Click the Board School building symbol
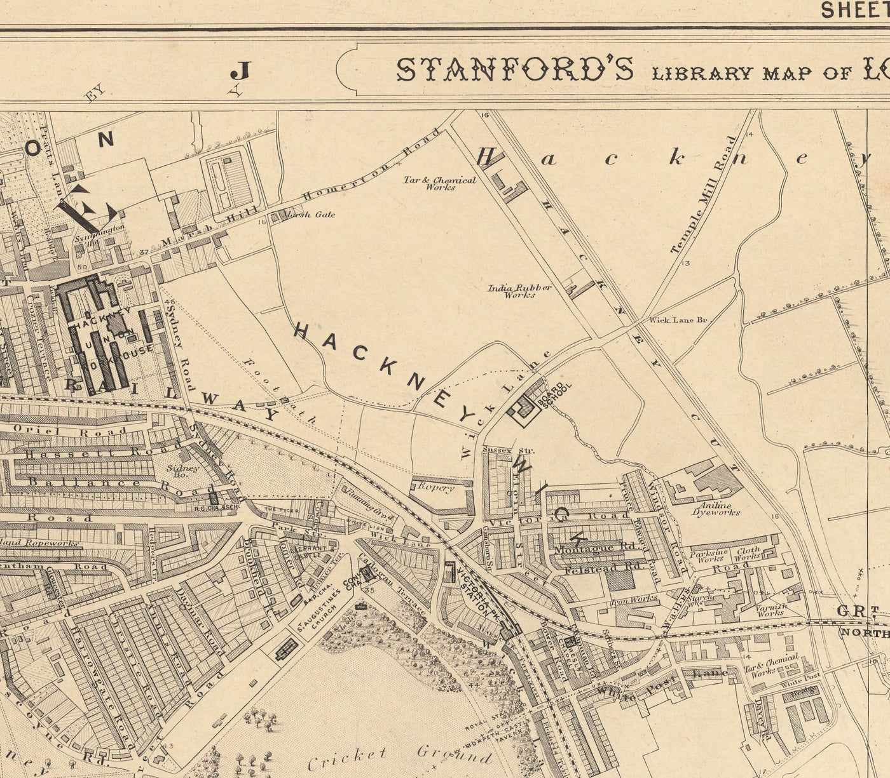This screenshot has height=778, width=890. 524,408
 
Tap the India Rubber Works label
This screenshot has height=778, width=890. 519,291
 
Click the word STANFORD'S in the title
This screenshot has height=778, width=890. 515,70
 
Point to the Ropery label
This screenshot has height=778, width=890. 435,487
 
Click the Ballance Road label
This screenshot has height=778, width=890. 121,485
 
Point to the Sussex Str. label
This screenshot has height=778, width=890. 501,450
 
